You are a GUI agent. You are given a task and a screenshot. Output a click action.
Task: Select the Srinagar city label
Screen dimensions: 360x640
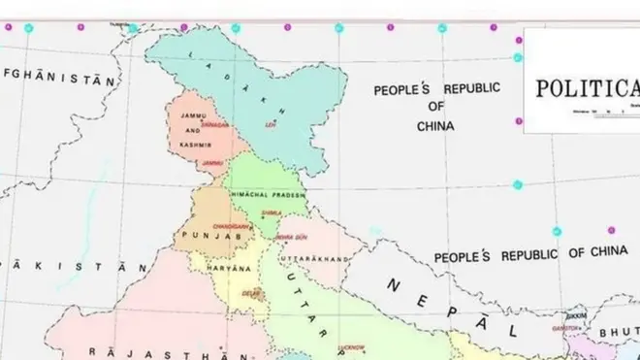click(215, 124)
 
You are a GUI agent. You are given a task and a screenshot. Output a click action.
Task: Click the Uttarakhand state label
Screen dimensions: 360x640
click(313, 260)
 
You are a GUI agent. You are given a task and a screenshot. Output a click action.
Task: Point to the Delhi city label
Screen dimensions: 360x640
click(251, 291)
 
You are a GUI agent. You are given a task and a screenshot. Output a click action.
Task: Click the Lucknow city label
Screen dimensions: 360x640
click(351, 346)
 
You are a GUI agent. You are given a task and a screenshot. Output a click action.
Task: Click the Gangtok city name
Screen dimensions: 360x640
click(578, 329)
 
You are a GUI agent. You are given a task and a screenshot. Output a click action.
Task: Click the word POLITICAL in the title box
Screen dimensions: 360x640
click(588, 89)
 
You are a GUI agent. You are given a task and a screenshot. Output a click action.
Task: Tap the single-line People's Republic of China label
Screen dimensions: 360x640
click(530, 255)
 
